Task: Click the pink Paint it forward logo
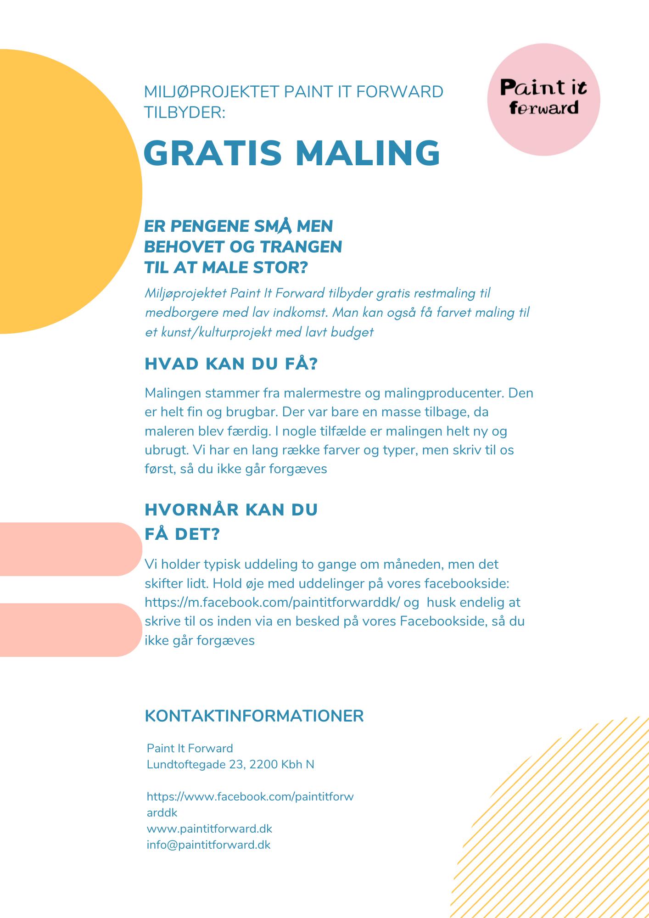coord(543,99)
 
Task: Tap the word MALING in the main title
coord(368,153)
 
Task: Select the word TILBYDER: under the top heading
coord(185,112)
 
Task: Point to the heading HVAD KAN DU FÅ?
coord(231,364)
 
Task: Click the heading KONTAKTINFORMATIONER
coord(254,716)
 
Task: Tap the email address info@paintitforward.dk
coord(208,845)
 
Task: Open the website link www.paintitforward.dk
coord(209,828)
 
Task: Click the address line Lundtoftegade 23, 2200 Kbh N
coord(230,764)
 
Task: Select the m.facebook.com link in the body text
coord(273,602)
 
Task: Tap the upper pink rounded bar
coord(69,549)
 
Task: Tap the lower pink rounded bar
coord(69,630)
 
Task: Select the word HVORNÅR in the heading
coord(190,509)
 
